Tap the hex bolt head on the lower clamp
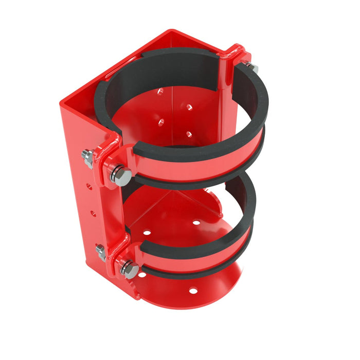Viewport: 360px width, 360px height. coord(130,270)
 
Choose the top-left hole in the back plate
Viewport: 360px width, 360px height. coord(160,92)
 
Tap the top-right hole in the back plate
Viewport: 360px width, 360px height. coord(189,107)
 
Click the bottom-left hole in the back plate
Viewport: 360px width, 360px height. coord(161,121)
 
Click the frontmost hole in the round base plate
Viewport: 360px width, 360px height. coord(193,291)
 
